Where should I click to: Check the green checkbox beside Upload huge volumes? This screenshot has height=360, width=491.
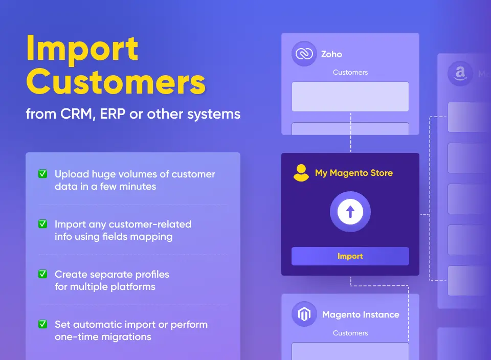[x=43, y=174]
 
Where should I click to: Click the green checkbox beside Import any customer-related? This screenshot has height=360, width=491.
[x=43, y=224]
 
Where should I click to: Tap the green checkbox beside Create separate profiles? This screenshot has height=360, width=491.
[x=43, y=274]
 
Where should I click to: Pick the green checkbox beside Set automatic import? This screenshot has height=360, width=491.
[x=43, y=324]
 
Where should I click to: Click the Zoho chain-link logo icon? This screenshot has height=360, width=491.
[x=304, y=54]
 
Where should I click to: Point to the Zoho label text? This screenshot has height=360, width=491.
[x=331, y=54]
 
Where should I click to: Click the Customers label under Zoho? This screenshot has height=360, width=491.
[x=350, y=73]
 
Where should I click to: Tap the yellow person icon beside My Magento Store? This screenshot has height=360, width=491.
[x=301, y=173]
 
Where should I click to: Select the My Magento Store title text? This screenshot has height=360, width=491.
[x=354, y=173]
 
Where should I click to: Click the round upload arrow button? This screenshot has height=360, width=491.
[x=350, y=212]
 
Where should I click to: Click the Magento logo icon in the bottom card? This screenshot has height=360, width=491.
[x=304, y=314]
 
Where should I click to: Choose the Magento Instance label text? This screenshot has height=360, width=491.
[x=360, y=315]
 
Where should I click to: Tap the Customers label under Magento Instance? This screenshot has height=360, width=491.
[x=350, y=333]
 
